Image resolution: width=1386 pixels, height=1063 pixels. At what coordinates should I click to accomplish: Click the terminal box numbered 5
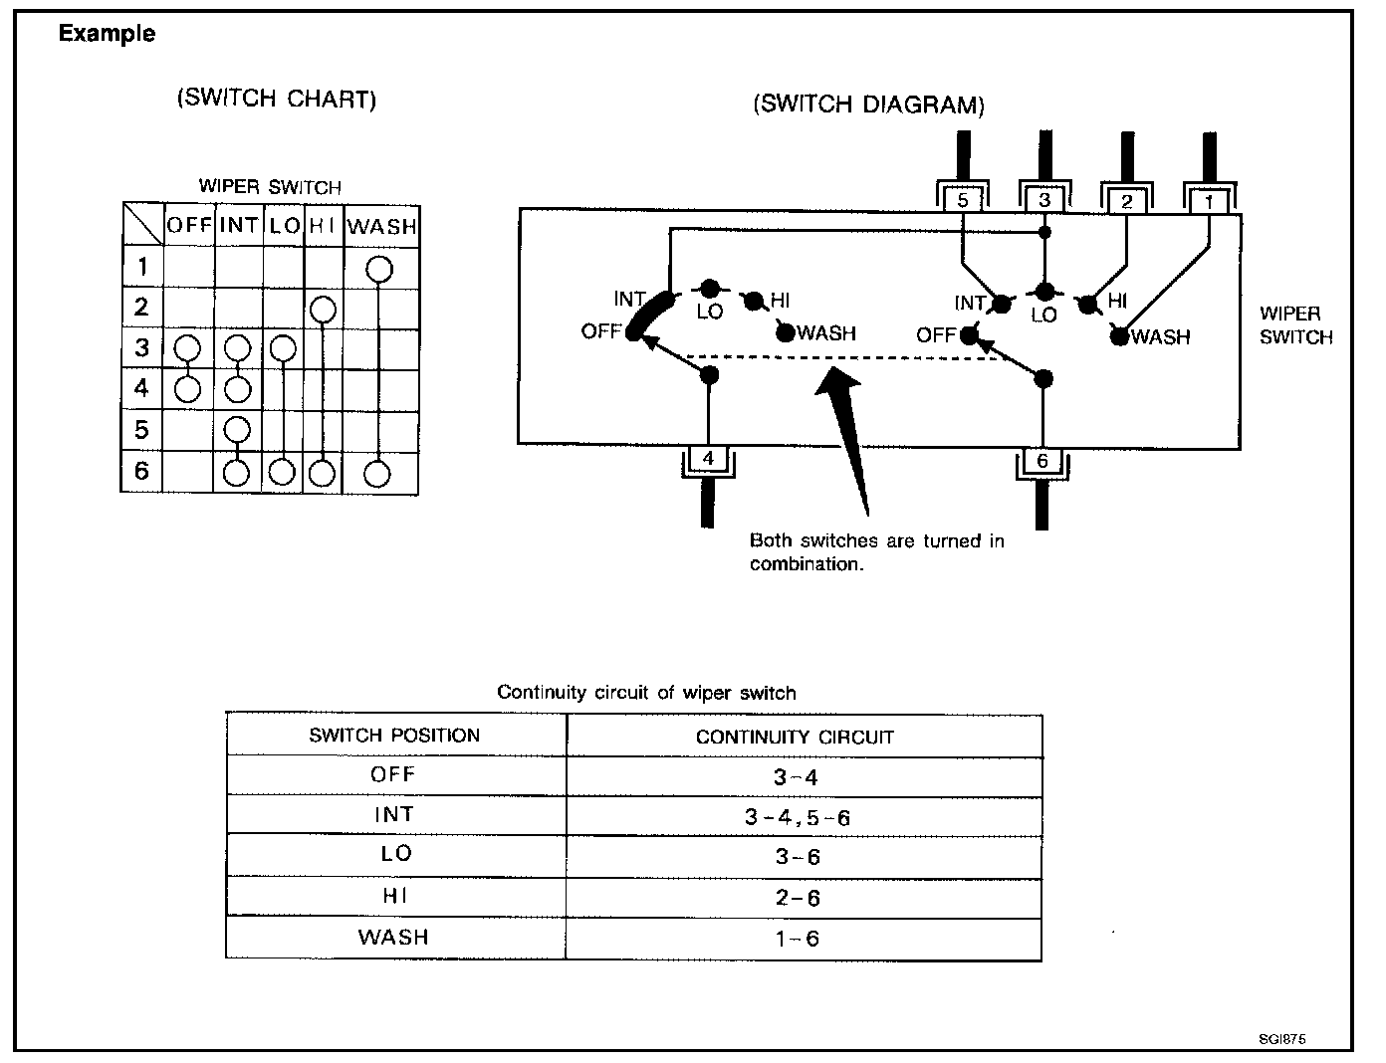point(963,200)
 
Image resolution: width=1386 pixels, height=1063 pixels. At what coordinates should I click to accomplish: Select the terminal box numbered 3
point(1044,200)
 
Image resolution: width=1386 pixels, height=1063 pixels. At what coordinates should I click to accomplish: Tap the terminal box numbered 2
point(1126,202)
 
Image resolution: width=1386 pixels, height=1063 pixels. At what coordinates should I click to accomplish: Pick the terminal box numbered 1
point(1209,202)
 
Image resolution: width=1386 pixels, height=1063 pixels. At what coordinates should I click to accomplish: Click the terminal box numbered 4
point(708,458)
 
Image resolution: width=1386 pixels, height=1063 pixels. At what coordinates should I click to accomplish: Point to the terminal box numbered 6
point(1042,460)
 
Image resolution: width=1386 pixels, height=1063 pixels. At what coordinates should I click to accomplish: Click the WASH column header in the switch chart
point(381,226)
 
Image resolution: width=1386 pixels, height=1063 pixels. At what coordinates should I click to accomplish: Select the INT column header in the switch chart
point(239,225)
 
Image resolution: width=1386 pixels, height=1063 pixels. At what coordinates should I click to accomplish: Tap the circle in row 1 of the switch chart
point(379,269)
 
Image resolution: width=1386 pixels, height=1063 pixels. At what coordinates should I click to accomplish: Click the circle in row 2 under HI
point(323,311)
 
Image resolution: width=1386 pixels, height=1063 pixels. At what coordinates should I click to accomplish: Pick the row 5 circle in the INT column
point(237,430)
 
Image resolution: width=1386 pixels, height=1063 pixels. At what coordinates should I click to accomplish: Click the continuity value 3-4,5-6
point(798,817)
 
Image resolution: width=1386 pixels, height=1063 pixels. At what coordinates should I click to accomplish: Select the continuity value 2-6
point(798,898)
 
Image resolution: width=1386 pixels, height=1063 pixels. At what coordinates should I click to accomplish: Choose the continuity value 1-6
point(798,939)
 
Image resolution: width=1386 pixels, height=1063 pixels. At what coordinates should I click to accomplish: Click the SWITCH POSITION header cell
point(396,735)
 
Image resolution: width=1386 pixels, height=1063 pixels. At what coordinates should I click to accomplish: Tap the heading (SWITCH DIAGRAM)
point(868,105)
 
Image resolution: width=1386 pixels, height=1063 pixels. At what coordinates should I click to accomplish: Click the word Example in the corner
point(107,33)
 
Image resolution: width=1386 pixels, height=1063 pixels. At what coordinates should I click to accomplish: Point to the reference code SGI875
point(1282,1039)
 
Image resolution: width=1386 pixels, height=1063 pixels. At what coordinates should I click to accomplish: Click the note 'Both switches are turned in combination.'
point(877,551)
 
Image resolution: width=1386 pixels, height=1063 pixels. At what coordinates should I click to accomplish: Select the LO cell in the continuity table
point(396,853)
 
